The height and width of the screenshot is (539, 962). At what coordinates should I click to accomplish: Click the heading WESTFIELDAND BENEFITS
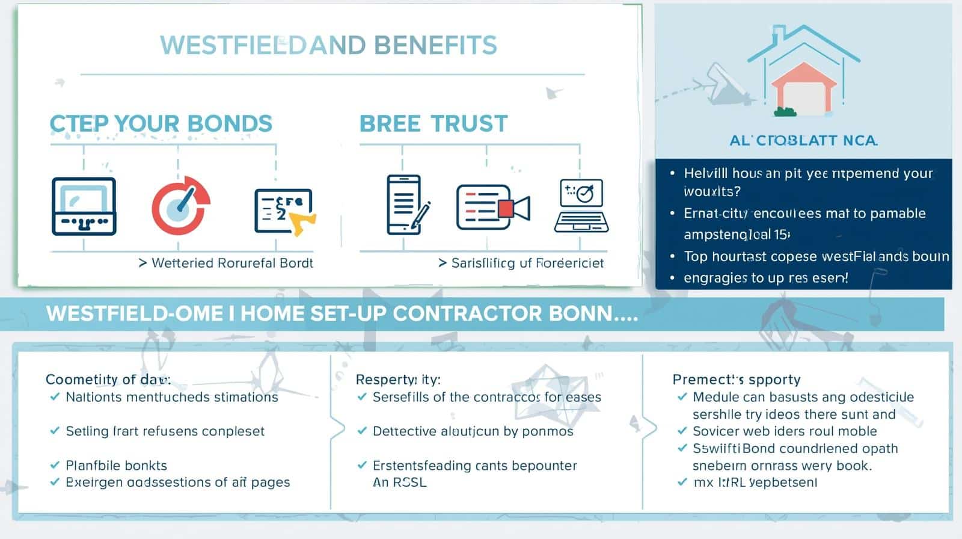pyautogui.click(x=328, y=46)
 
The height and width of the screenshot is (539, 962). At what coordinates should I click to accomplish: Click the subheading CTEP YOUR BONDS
pyautogui.click(x=161, y=124)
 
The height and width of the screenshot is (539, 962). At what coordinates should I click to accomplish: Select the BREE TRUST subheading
pyautogui.click(x=434, y=124)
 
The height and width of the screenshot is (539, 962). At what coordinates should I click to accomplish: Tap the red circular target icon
pyautogui.click(x=180, y=206)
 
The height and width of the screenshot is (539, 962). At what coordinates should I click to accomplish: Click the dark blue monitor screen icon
pyautogui.click(x=84, y=206)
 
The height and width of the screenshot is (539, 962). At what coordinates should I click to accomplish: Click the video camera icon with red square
pyautogui.click(x=492, y=207)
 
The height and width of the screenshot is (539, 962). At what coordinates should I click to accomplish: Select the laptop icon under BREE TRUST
pyautogui.click(x=581, y=206)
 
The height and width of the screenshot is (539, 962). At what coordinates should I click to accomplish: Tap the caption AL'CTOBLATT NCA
pyautogui.click(x=803, y=141)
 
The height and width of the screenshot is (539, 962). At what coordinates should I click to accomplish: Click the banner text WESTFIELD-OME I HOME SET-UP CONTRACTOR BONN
pyautogui.click(x=342, y=314)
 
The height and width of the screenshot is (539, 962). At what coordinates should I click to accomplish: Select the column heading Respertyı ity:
pyautogui.click(x=398, y=380)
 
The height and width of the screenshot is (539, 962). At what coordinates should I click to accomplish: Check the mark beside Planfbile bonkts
pyautogui.click(x=55, y=465)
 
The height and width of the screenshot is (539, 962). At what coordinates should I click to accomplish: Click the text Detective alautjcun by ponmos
pyautogui.click(x=473, y=431)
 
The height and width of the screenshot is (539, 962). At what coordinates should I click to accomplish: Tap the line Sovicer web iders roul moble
pyautogui.click(x=785, y=431)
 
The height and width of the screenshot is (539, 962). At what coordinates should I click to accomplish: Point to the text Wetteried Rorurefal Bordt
pyautogui.click(x=232, y=263)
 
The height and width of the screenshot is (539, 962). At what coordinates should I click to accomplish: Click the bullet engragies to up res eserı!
pyautogui.click(x=765, y=278)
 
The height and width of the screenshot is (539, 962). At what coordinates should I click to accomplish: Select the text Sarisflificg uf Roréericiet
pyautogui.click(x=527, y=263)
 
